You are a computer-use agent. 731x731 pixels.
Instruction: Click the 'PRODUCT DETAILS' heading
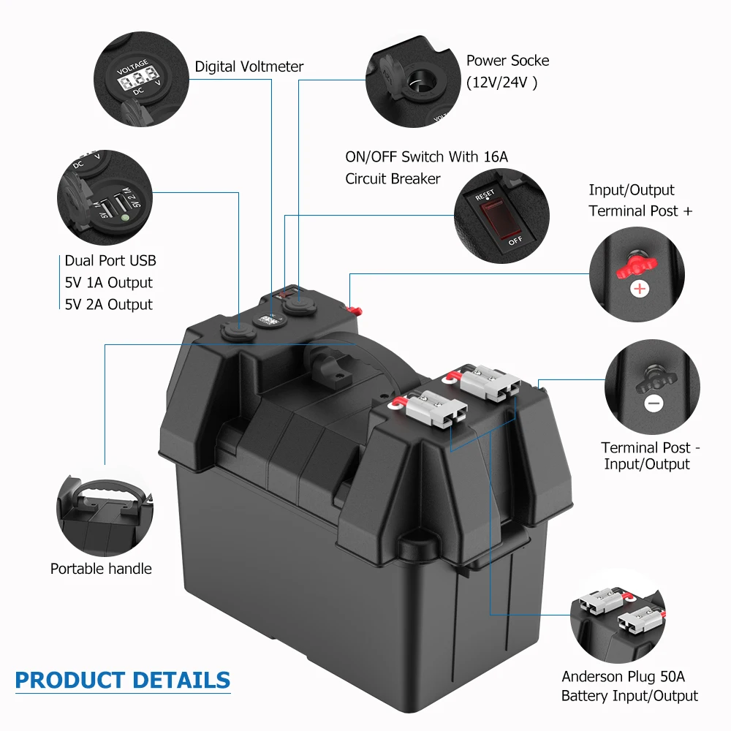point(122,680)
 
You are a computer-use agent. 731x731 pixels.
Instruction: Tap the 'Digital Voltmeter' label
point(249,67)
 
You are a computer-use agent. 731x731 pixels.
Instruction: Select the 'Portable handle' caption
point(101,568)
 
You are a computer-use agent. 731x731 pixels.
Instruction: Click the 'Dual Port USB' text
point(110,261)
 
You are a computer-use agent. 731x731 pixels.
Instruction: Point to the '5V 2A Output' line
point(109,304)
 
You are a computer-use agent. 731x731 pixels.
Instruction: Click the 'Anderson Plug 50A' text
point(623,676)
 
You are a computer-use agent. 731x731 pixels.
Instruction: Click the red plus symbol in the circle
point(640,289)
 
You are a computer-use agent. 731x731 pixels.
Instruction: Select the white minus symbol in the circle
point(654,403)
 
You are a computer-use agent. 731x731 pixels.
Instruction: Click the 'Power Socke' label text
point(507,61)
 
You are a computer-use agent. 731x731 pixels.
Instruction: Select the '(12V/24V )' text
point(501,83)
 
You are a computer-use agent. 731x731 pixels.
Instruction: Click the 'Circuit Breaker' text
point(393,178)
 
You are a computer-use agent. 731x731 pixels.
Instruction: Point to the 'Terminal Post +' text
point(640,211)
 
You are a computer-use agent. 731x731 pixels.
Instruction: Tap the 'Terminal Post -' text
point(651,447)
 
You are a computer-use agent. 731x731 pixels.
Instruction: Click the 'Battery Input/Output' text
point(629,696)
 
